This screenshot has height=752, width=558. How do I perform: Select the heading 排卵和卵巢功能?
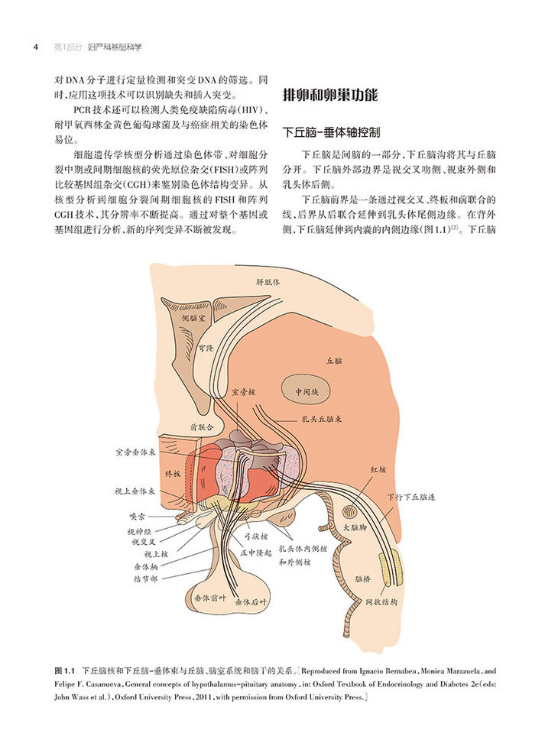click(x=329, y=96)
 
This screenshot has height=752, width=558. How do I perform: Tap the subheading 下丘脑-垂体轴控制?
click(x=331, y=131)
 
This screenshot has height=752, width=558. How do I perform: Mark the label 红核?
click(x=381, y=468)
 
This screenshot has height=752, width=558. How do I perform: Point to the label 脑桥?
click(x=363, y=580)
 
